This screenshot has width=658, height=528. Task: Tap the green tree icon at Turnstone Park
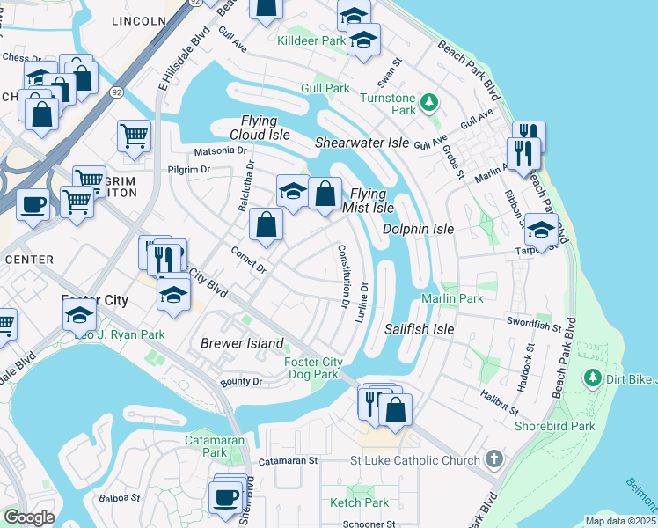(x=429, y=102)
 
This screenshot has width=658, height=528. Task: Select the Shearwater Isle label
(x=362, y=142)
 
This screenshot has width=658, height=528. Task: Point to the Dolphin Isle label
(x=418, y=229)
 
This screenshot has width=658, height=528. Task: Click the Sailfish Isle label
(x=419, y=329)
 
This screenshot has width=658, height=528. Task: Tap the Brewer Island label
(x=242, y=343)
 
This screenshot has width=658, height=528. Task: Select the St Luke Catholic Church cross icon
(x=494, y=459)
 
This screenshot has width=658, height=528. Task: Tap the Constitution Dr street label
(x=343, y=275)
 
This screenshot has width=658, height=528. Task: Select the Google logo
(x=30, y=517)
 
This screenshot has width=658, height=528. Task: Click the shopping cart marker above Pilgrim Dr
(x=134, y=136)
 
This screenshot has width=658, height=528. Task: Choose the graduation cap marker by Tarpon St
(x=541, y=229)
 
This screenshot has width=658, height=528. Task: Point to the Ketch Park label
(x=359, y=502)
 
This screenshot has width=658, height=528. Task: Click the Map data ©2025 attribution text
(x=620, y=521)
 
